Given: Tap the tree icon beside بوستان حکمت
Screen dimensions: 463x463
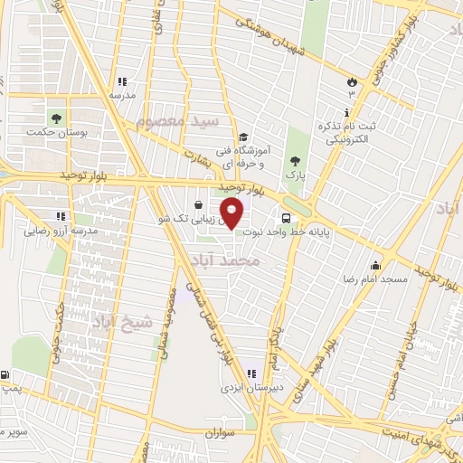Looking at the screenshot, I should [57, 118].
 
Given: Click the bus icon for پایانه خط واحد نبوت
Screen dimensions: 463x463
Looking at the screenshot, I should [287, 218].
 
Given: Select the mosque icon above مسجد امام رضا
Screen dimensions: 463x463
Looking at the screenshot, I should [376, 266].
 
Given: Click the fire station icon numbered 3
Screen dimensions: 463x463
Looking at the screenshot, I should [351, 82].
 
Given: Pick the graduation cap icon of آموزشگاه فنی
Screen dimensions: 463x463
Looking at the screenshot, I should [244, 136].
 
